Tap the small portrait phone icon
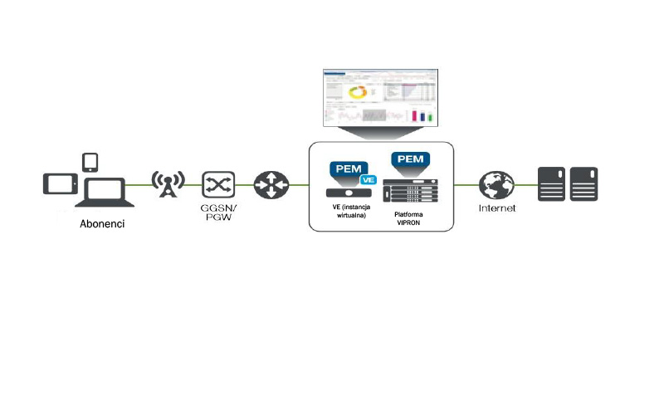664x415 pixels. coord(90,161)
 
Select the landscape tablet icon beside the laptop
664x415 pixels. coord(60,183)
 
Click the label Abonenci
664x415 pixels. coord(103,224)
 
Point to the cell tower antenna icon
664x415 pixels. coord(168,183)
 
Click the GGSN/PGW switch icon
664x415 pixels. coord(219,183)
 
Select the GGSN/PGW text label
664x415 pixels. coord(219,213)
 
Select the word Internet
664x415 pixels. coord(497,208)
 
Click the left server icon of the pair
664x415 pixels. coord(551,183)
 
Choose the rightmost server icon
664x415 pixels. coord(583,183)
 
